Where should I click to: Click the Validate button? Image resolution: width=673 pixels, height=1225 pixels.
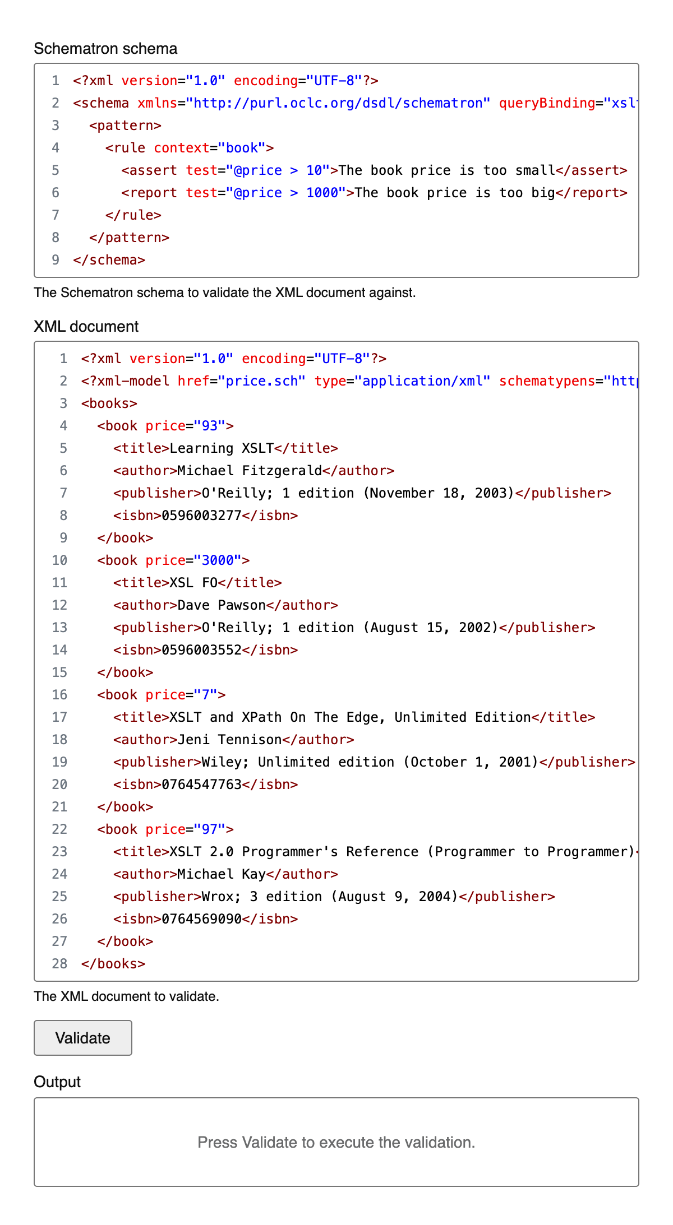click(x=83, y=1038)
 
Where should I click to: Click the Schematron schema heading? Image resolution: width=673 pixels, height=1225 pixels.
click(x=105, y=49)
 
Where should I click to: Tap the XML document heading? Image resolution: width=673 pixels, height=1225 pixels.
click(x=86, y=327)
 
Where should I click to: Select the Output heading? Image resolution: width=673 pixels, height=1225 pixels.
click(x=57, y=1082)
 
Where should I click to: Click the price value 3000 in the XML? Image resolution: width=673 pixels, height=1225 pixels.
click(x=218, y=560)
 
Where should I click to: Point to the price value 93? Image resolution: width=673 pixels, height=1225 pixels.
click(x=210, y=426)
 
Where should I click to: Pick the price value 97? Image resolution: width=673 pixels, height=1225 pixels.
click(x=210, y=829)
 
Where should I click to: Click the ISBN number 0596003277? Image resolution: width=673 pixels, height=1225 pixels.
click(x=202, y=516)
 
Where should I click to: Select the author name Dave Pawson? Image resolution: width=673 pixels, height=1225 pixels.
click(x=222, y=605)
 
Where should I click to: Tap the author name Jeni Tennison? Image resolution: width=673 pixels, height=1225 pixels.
click(x=230, y=740)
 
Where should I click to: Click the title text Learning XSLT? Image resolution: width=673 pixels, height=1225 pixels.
click(x=222, y=448)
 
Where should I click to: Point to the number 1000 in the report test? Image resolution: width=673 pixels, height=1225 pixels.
click(x=322, y=193)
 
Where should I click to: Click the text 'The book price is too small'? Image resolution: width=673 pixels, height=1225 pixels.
click(x=447, y=170)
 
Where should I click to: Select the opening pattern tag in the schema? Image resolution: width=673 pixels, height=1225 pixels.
click(x=125, y=126)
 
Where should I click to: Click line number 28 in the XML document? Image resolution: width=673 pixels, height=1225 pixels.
click(x=59, y=964)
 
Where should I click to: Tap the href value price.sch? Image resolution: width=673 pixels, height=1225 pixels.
click(x=262, y=381)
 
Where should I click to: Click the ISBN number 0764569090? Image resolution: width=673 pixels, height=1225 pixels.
click(x=202, y=919)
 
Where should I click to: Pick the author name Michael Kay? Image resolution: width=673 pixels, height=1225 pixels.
click(x=222, y=874)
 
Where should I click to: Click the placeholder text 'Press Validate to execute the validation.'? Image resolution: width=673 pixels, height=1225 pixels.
click(x=336, y=1142)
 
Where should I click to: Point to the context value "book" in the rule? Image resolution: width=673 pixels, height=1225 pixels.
click(x=242, y=148)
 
